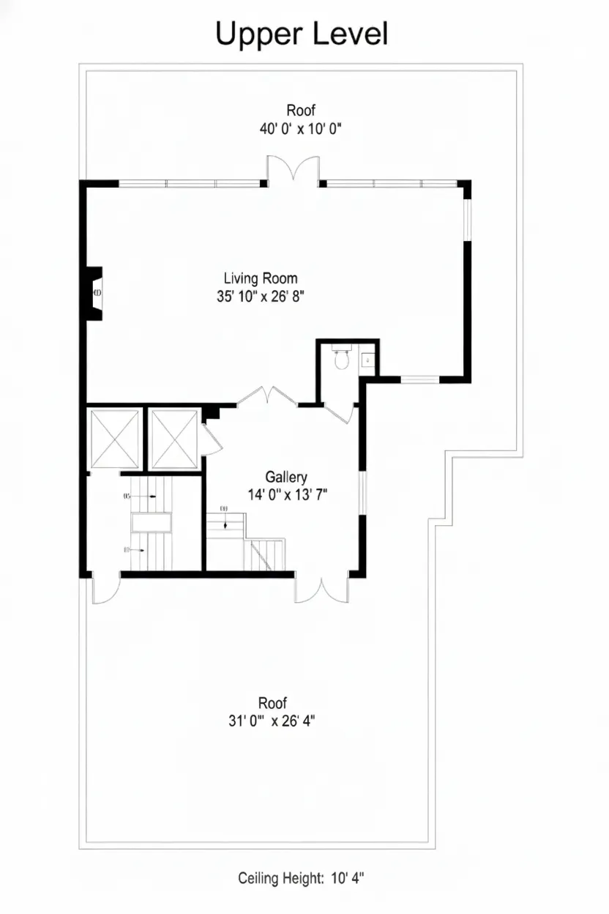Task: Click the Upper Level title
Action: tap(301, 34)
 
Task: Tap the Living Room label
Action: tap(261, 278)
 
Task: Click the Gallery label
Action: tap(286, 477)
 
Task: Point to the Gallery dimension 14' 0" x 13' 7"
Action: tap(288, 494)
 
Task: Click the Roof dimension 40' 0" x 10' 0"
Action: tap(301, 128)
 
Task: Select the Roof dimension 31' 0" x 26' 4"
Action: tap(272, 720)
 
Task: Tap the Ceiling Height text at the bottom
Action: tap(301, 878)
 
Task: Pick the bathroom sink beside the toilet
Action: tap(367, 360)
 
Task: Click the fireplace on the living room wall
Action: tap(95, 292)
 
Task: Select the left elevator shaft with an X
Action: tap(114, 438)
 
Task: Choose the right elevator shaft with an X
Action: tap(174, 438)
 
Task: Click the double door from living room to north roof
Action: tap(293, 170)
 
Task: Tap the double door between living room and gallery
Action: tap(266, 395)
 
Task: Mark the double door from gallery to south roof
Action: tap(321, 590)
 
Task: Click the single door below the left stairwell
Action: tap(105, 590)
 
